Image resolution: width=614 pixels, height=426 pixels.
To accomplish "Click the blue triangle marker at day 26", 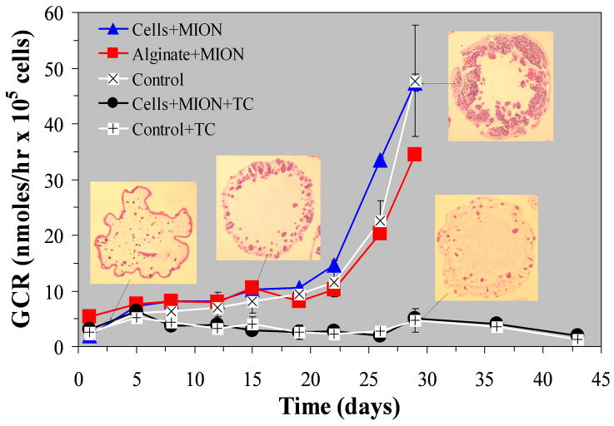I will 380,161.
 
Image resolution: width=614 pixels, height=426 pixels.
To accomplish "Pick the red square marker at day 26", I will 380,234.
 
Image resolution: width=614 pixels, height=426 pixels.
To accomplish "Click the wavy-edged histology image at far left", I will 143,234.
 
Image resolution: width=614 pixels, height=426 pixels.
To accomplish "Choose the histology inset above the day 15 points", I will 267,207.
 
